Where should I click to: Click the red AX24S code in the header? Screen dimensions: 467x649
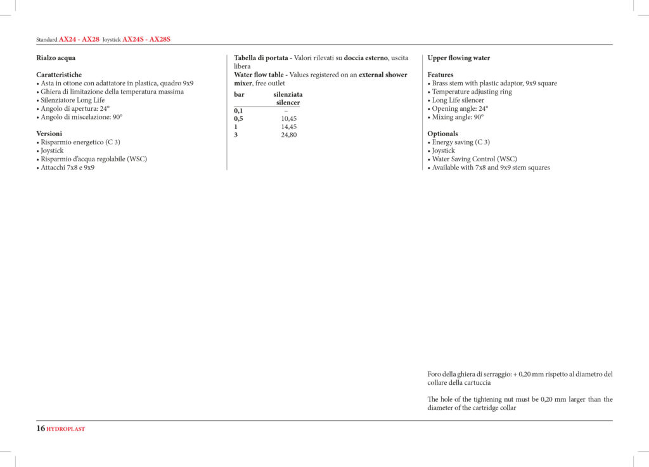point(132,39)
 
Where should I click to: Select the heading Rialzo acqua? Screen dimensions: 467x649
point(56,58)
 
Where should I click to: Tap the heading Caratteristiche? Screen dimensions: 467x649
point(59,75)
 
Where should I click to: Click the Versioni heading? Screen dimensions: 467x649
point(49,134)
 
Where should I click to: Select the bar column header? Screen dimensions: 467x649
point(239,94)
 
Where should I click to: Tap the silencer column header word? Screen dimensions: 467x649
point(288,103)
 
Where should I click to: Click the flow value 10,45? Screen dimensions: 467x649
point(288,118)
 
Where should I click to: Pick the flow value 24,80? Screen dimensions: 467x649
point(288,135)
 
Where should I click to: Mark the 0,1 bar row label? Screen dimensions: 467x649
point(238,111)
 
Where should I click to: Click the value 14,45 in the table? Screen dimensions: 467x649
point(288,127)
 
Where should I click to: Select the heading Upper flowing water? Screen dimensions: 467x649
point(459,58)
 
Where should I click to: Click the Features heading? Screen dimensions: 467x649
point(440,75)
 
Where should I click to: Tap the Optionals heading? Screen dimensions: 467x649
point(442,134)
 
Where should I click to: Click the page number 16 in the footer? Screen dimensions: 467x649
point(41,428)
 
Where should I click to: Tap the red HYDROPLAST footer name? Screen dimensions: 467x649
point(66,429)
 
